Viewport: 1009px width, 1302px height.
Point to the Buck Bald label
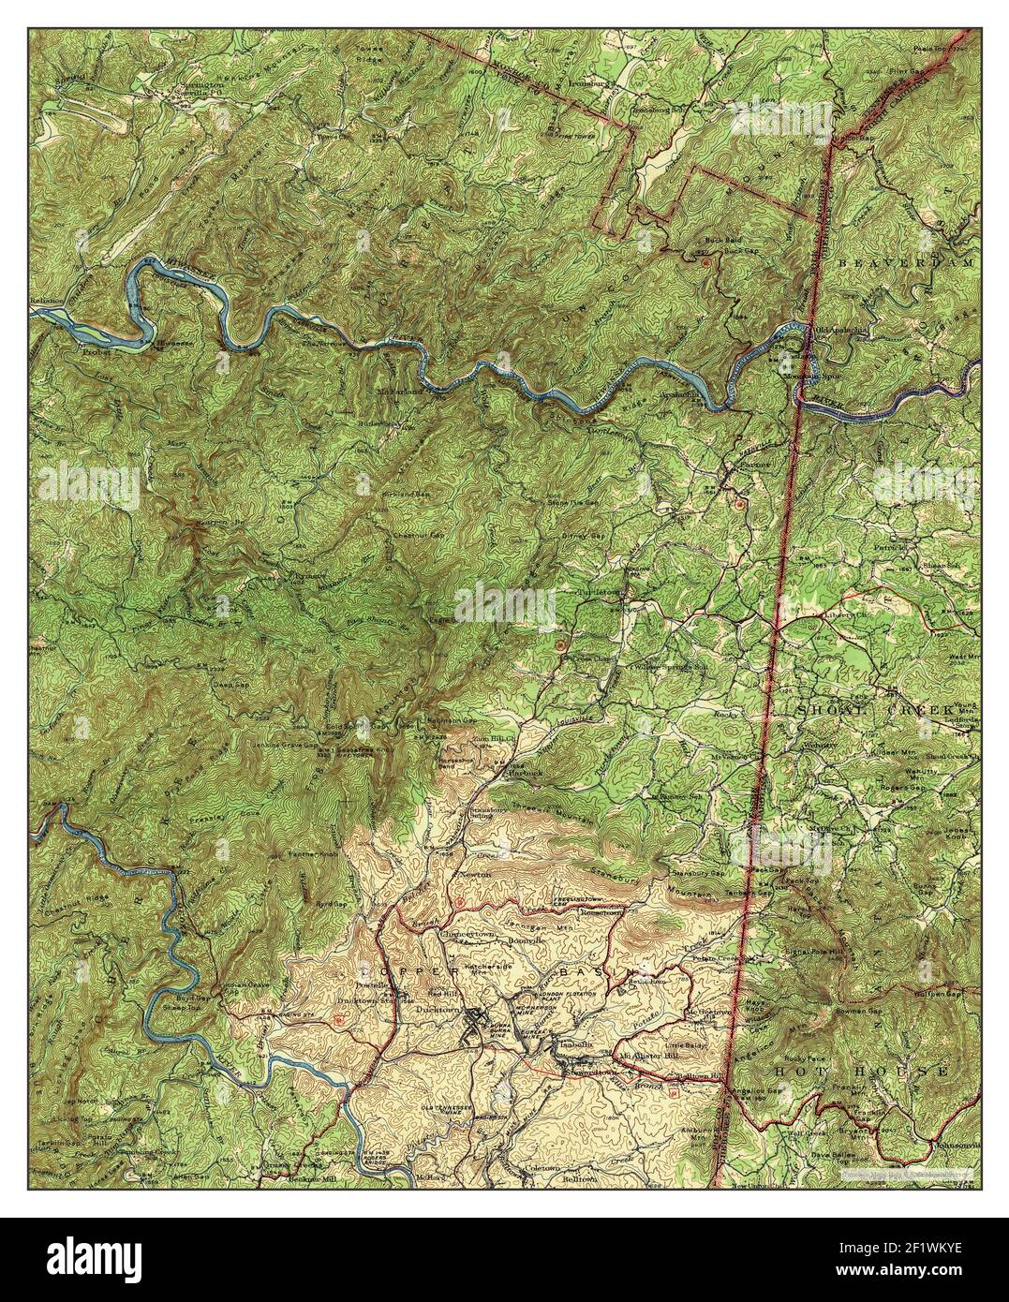[707, 240]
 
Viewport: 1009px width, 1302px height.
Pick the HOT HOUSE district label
[863, 1069]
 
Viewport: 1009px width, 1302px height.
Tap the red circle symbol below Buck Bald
[705, 263]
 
